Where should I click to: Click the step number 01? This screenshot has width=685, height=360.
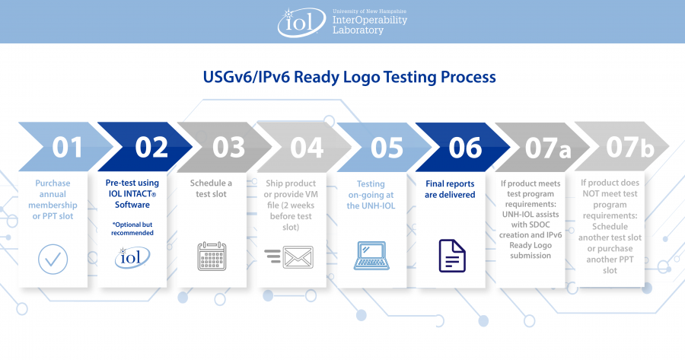67,147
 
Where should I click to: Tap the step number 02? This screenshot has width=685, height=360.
151,147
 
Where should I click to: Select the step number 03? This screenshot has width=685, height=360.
228,147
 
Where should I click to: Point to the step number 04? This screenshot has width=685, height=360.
307,147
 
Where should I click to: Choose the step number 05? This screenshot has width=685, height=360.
387,148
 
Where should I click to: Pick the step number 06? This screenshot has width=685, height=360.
465,148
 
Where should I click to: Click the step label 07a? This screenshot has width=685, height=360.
548,148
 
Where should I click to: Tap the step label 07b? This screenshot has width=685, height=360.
630,147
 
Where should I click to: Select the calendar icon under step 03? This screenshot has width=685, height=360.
212,256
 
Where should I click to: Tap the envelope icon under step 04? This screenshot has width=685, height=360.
298,257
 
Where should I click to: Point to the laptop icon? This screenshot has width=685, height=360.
371,256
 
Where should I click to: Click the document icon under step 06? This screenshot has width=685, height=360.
452,256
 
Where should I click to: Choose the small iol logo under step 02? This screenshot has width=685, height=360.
132,257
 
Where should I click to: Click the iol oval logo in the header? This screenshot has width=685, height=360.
301,22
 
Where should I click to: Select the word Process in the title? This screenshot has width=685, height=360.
468,77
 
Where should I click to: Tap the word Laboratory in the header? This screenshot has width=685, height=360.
358,30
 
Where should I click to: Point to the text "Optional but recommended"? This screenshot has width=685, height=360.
132,228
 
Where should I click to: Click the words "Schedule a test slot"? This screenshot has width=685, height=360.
211,188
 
